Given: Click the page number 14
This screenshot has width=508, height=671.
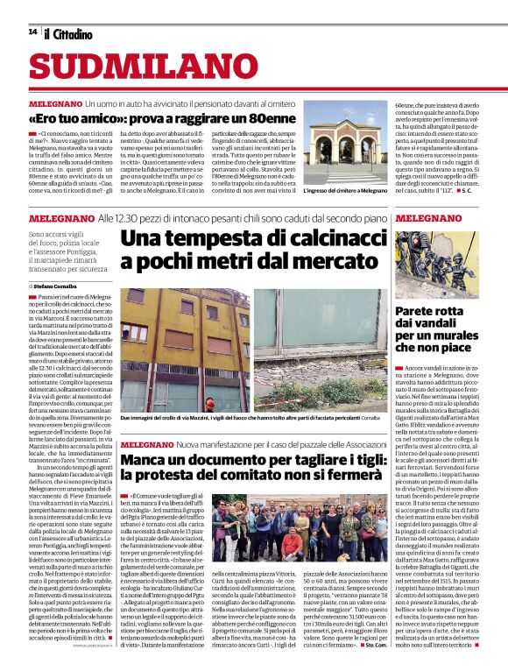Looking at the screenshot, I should [32, 32].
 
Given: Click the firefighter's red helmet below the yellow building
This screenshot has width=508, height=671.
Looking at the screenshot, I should [209, 402].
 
